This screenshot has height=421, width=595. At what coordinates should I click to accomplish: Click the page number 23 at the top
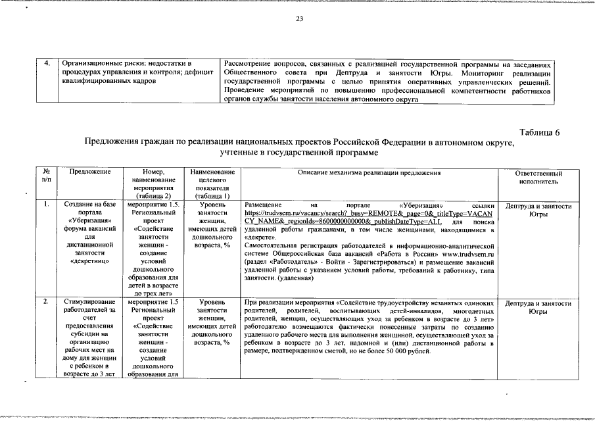298,19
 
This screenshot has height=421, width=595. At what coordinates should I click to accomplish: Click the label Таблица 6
539,132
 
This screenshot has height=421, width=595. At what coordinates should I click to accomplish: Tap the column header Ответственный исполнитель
538,176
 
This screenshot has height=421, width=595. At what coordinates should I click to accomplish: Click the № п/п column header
45,176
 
